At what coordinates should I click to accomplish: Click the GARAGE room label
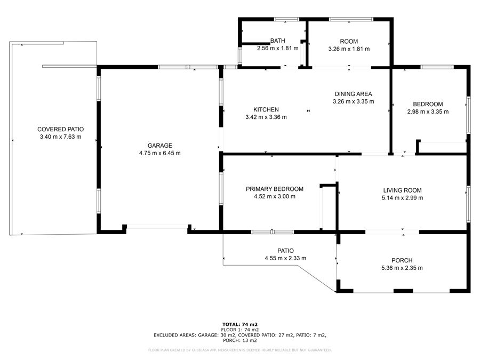(x=160, y=146)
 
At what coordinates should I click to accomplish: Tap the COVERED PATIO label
(x=61, y=130)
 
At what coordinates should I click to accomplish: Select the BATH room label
(x=278, y=41)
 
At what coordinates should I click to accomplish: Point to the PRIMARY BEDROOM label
(x=275, y=189)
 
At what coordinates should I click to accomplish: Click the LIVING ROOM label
(x=402, y=190)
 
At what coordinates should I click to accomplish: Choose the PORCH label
(x=402, y=260)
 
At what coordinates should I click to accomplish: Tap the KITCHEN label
(x=266, y=109)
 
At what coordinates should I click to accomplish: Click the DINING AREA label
(x=353, y=94)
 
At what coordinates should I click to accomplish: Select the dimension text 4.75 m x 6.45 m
(x=160, y=153)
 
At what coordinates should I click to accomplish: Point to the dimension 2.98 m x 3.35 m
(x=428, y=112)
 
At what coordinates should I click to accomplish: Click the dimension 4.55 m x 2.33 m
(x=285, y=258)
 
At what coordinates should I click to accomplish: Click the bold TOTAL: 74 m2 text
(x=240, y=324)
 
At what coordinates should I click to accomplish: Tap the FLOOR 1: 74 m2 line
(x=240, y=330)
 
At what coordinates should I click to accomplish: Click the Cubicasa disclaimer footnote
(x=240, y=350)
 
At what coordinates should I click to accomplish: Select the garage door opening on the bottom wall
(x=157, y=227)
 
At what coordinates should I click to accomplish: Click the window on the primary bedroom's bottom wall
(x=273, y=232)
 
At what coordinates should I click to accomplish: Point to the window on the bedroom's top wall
(x=437, y=67)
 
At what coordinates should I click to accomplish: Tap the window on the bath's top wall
(x=286, y=19)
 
